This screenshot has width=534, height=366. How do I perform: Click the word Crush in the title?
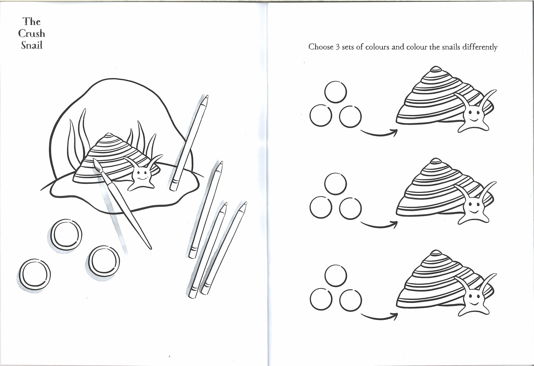tap(32, 34)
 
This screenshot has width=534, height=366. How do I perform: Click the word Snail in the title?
tap(32, 46)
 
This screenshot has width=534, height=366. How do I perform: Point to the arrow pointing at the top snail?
tap(379, 134)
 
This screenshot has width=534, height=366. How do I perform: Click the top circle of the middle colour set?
tap(336, 183)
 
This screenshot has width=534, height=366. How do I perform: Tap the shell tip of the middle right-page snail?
tap(435, 161)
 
